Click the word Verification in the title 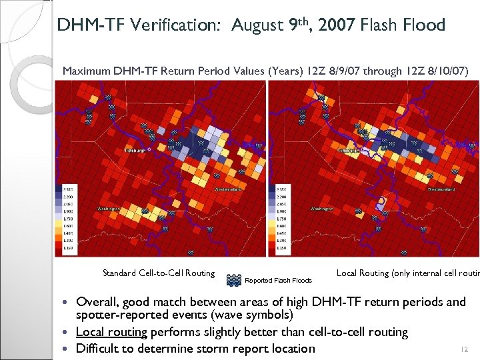click(x=178, y=26)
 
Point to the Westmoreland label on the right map click(x=441, y=189)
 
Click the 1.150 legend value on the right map click(x=281, y=249)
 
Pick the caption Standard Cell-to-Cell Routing click(x=159, y=273)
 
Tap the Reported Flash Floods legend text click(x=279, y=281)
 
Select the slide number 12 click(x=465, y=349)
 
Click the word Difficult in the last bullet click(x=101, y=348)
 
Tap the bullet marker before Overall click(x=69, y=303)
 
